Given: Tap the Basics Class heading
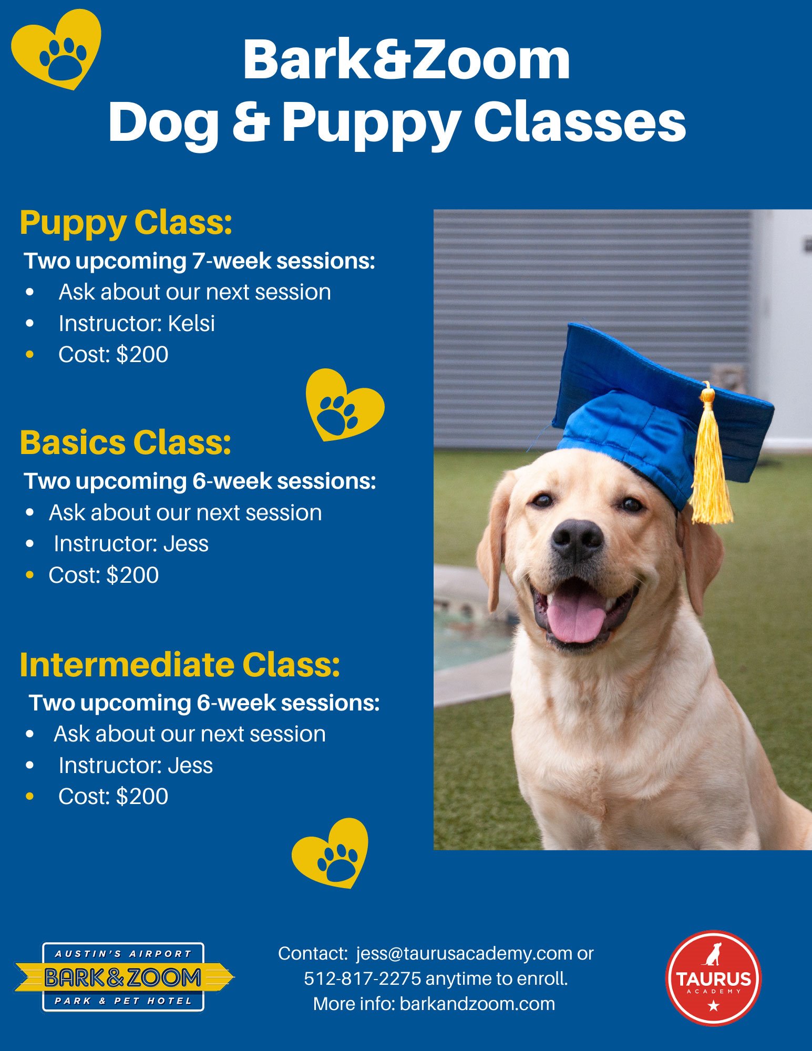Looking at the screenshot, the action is tap(126, 442).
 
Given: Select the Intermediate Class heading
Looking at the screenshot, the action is tap(180, 664).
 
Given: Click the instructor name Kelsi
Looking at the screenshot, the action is tap(191, 323).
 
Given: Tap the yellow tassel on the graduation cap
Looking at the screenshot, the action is tap(711, 457).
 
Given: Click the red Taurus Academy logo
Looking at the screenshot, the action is tap(713, 977).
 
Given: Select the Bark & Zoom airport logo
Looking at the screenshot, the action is tap(124, 977).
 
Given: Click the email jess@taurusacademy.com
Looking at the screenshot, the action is tap(464, 953).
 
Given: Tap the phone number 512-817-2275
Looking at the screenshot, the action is tap(363, 978).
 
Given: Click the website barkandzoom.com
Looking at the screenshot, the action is tap(477, 1004).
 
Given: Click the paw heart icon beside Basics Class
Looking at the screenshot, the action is tap(345, 405).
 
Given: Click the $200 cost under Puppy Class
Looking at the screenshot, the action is tap(142, 355).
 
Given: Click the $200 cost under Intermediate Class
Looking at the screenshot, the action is tap(142, 797).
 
